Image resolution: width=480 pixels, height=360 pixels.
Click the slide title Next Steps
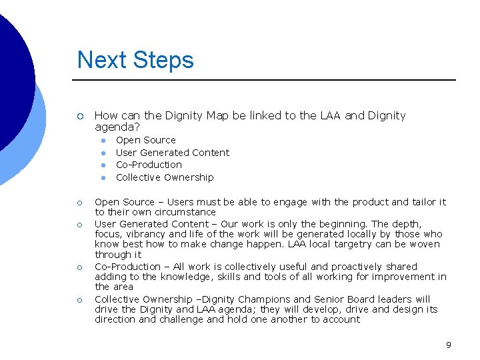pos(135,60)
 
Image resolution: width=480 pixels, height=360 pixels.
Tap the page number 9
pos(449,345)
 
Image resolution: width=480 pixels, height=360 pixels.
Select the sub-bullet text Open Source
pos(146,140)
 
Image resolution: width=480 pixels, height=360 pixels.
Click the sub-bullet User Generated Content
pos(172,153)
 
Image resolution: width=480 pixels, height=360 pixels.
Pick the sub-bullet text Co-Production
pos(149,165)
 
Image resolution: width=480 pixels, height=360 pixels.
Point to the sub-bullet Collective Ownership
pos(165,177)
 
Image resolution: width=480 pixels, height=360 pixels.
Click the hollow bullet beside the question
pos(80,116)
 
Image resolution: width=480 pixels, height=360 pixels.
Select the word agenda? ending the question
pos(114,127)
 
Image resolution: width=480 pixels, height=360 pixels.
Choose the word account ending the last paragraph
pos(342,319)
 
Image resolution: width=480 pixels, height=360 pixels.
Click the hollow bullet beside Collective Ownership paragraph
pos(80,299)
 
